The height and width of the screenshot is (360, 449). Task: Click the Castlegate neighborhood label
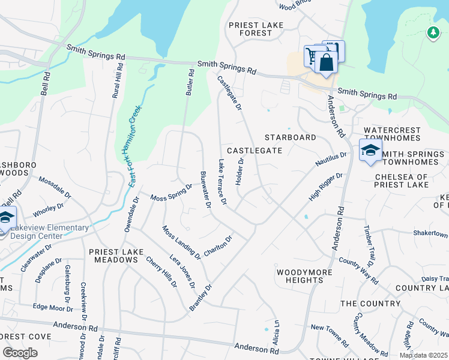254,150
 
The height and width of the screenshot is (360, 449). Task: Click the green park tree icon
433,32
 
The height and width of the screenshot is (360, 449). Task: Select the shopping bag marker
326,63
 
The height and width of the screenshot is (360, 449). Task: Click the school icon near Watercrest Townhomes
370,151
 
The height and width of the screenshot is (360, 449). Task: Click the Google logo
20,353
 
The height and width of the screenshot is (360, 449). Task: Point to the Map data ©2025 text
423,355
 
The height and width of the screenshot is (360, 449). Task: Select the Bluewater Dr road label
205,190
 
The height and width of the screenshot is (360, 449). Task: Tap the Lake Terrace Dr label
223,182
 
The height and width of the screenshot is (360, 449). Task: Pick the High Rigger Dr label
325,187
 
